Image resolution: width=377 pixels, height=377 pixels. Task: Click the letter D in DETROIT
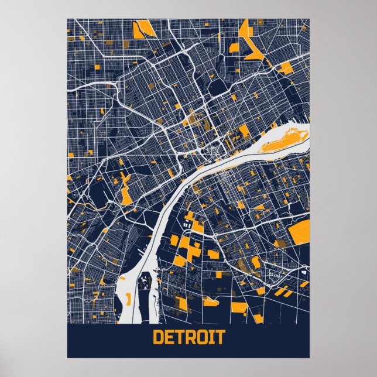(x=158, y=338)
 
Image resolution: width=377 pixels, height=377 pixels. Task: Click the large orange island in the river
(x=284, y=140)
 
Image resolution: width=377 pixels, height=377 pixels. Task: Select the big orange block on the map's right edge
(x=300, y=233)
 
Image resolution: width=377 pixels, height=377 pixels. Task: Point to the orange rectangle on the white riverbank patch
(x=126, y=300)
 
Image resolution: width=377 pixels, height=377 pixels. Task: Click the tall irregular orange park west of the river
(x=126, y=190)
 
